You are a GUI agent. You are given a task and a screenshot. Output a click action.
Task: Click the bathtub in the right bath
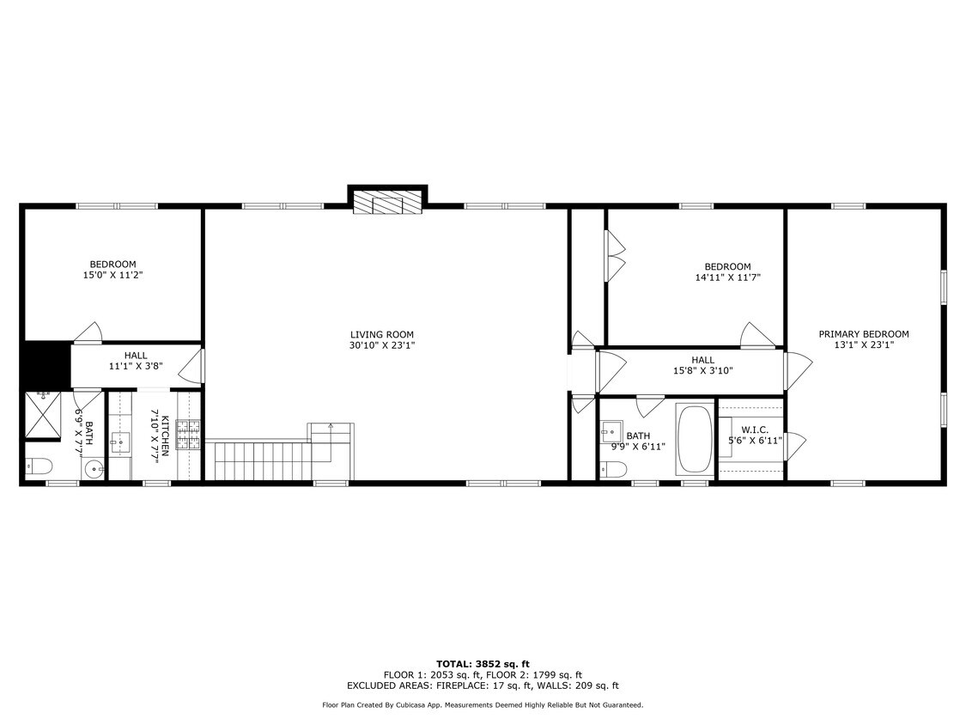pos(695,440)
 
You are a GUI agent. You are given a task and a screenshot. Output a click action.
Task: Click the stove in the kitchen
pos(189,435)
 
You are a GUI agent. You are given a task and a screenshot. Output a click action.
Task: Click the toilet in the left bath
pos(38,466)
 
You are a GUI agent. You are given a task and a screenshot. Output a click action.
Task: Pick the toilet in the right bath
pos(613,470)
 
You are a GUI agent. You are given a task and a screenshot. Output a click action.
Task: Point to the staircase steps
pos(258,460)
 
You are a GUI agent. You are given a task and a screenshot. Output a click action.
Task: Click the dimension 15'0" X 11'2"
pos(112,275)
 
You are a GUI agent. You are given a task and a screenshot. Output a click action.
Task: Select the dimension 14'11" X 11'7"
pos(727,277)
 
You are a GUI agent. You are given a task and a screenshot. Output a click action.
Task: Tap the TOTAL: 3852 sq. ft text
pos(483,664)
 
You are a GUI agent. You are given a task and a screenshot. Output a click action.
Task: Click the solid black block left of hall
pos(47,365)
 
